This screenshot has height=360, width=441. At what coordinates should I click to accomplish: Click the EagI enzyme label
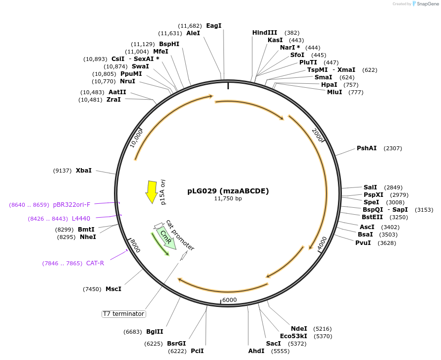pyautogui.click(x=214, y=26)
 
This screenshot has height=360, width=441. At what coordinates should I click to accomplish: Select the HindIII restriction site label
pyautogui.click(x=265, y=33)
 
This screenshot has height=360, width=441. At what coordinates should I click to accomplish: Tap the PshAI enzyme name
pyautogui.click(x=367, y=148)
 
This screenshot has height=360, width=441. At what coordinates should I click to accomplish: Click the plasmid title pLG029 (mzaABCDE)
pyautogui.click(x=228, y=191)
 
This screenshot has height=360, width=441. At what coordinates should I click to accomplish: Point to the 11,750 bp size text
pyautogui.click(x=228, y=199)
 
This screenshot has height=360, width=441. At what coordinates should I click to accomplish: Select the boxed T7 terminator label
pyautogui.click(x=123, y=314)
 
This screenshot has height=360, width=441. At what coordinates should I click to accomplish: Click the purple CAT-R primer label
pyautogui.click(x=95, y=263)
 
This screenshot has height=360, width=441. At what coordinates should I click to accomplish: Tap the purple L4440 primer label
pyautogui.click(x=81, y=219)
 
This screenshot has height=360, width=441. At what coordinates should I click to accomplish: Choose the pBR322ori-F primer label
pyautogui.click(x=72, y=205)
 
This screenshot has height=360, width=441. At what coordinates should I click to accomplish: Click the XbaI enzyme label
pyautogui.click(x=84, y=171)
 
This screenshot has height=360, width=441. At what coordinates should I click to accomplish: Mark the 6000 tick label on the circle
pyautogui.click(x=229, y=300)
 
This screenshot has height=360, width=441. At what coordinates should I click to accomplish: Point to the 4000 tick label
pyautogui.click(x=323, y=243)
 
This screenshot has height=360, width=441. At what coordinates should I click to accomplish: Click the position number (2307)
pyautogui.click(x=393, y=148)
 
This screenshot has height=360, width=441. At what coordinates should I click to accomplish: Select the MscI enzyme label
pyautogui.click(x=113, y=289)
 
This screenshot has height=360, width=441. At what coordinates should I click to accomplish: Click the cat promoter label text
pyautogui.click(x=180, y=235)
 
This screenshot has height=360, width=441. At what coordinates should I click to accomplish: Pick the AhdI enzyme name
pyautogui.click(x=256, y=351)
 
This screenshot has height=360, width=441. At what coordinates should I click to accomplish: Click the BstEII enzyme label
pyautogui.click(x=372, y=217)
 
